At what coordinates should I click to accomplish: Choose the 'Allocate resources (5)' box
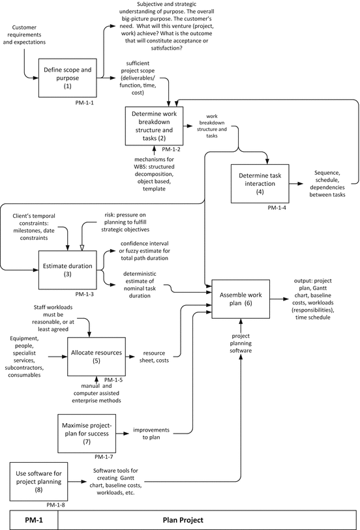97,356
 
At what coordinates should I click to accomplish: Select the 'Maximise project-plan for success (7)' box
87,431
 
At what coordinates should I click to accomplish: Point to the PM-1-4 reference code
278,207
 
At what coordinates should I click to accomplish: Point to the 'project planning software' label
241,344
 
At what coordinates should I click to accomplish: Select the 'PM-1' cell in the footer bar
29,520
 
